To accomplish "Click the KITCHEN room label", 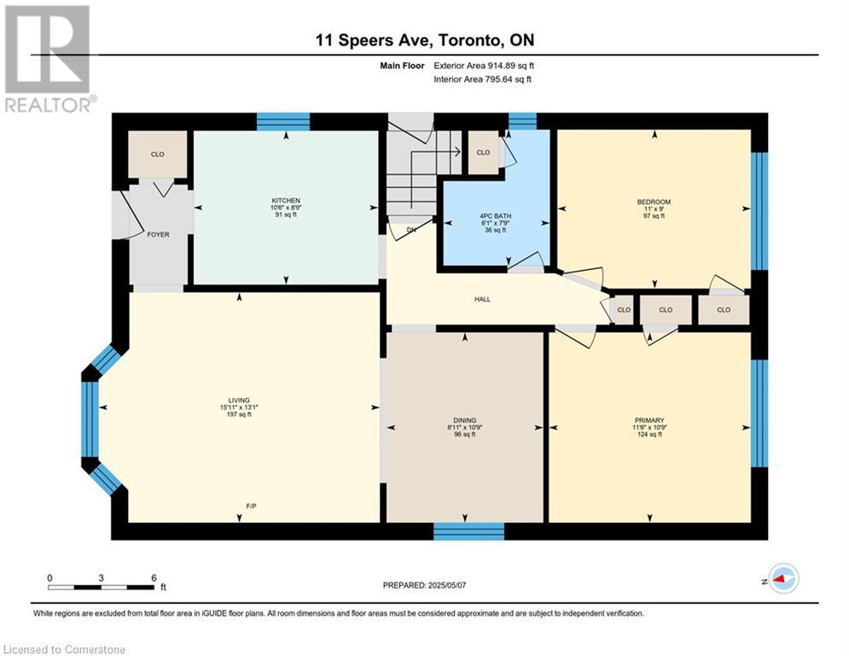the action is [286, 201].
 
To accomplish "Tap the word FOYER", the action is [158, 235].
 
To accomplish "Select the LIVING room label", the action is [239, 401].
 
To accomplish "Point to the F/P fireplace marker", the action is [251, 507].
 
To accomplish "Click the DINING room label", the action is [464, 420].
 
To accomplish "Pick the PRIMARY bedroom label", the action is [649, 420].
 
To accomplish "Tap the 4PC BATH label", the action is [496, 216].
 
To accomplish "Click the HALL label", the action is [482, 299].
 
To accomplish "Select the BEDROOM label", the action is [654, 202].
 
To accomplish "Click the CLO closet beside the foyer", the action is [158, 155].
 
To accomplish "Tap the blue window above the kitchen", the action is [283, 121].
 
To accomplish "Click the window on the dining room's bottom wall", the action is [469, 531].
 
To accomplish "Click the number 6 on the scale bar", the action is [154, 578].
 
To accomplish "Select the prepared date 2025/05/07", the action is [447, 585].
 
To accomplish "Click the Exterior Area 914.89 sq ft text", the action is [484, 66].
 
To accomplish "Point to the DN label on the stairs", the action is [411, 230].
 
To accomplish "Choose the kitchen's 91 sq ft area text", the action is [286, 214].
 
